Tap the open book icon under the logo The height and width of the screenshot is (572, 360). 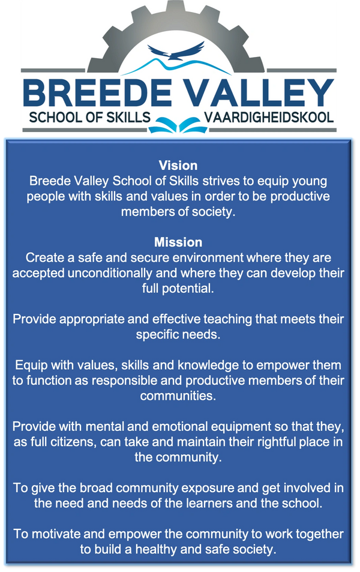[178, 125]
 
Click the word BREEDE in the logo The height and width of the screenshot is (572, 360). [97, 92]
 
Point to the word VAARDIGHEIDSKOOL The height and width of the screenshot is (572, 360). [269, 118]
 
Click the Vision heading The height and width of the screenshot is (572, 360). [178, 166]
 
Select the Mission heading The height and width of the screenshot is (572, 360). [178, 242]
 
